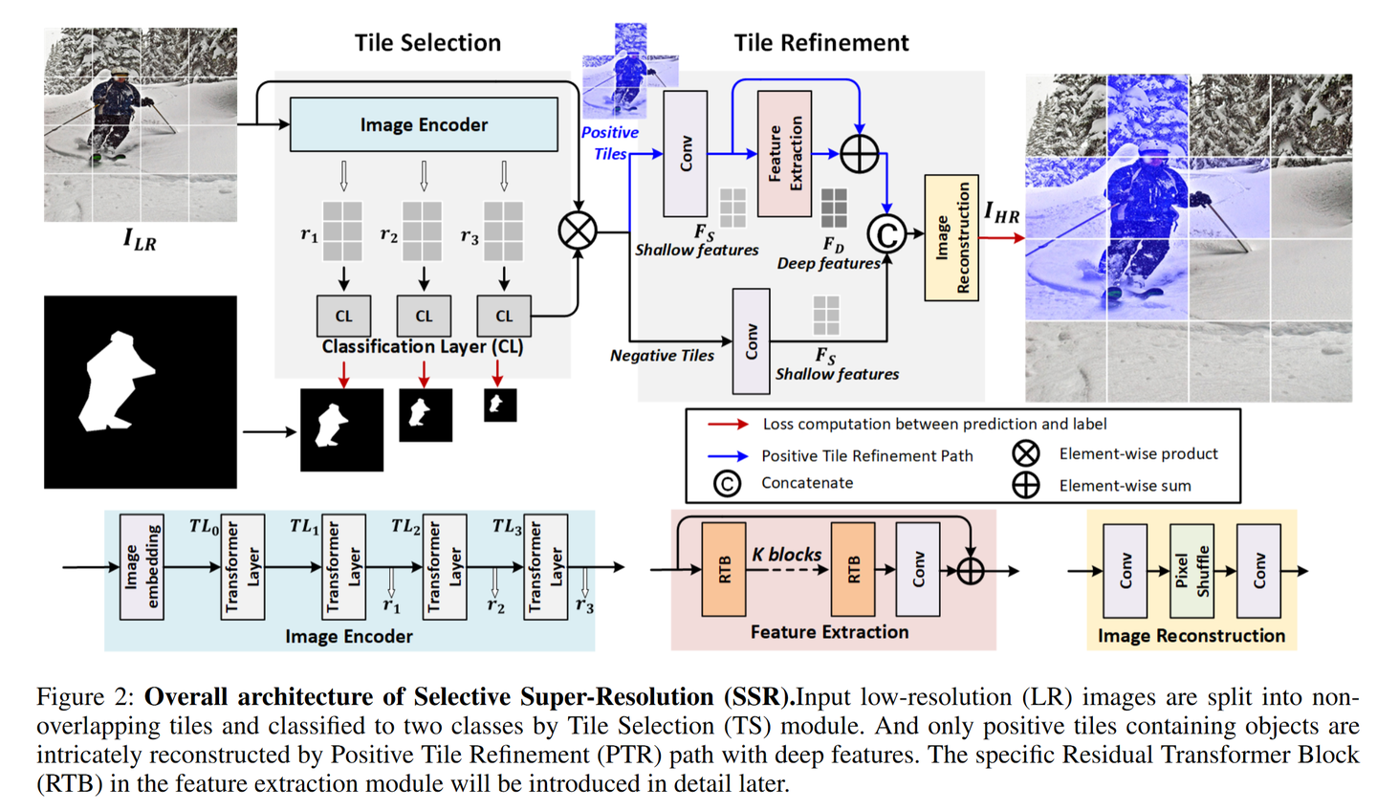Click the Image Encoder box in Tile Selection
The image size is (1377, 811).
coord(424,124)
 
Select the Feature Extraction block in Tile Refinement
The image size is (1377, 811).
coord(784,154)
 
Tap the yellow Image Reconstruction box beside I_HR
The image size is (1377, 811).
coord(951,238)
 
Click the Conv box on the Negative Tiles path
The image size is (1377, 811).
coord(751,341)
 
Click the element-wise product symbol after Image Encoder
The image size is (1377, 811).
coord(578,230)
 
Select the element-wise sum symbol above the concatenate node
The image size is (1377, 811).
coord(859,154)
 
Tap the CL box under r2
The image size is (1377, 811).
coord(424,316)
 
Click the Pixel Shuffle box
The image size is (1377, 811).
coord(1191,571)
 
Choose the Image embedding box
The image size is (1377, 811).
coord(141,566)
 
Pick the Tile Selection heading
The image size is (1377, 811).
coord(427,43)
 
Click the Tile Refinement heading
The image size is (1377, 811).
coord(820,43)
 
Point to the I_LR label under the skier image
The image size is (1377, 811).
coord(140,239)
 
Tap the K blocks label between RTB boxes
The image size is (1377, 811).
coord(786,555)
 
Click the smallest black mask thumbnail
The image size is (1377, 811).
coord(499,405)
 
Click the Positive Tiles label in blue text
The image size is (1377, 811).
coord(610,142)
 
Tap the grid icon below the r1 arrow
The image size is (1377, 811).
coord(342,230)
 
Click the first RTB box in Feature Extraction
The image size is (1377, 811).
coord(724,570)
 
